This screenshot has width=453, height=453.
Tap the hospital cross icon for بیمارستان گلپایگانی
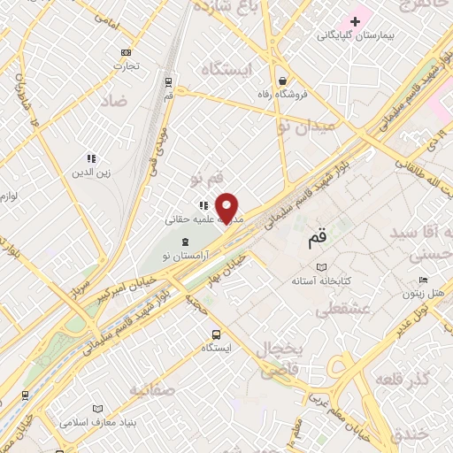tap(356, 20)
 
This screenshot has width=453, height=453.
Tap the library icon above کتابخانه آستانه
tap(322, 267)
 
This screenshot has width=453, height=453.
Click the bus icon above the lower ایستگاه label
tap(217, 334)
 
